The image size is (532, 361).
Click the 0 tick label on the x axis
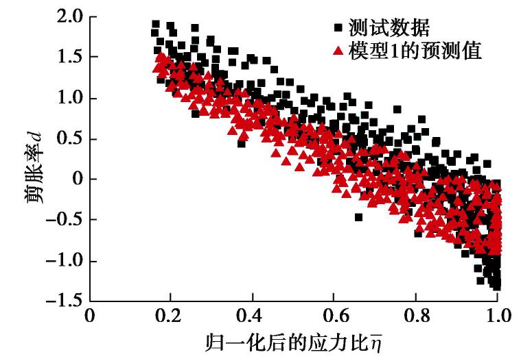tap(90, 316)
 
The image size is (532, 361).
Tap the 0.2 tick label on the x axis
tap(171, 316)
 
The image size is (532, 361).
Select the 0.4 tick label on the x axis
tap(253, 316)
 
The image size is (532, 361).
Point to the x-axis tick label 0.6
tap(334, 316)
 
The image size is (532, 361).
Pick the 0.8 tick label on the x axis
tap(416, 316)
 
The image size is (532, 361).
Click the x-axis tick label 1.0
tap(497, 316)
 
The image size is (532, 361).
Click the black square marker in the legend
tap(338, 29)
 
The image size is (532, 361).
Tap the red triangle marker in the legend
tap(338, 51)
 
